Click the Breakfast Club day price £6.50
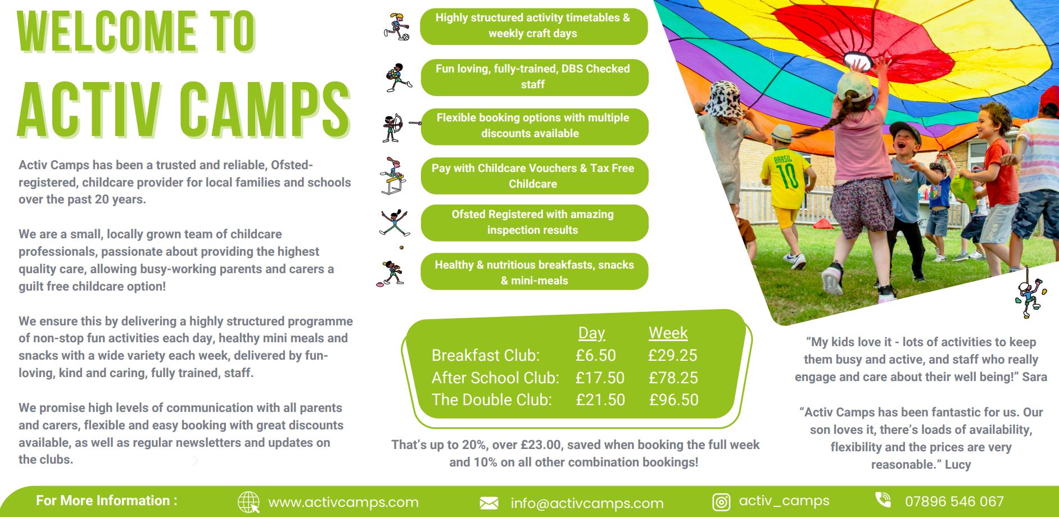[595, 355]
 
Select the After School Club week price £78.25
[673, 378]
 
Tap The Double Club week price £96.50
[673, 400]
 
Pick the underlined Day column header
[591, 333]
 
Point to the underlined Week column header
[668, 333]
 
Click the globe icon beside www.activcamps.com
[248, 502]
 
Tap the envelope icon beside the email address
[489, 503]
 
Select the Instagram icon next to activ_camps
[721, 502]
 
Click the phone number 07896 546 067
[954, 501]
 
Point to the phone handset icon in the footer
[883, 500]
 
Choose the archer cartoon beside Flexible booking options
[397, 128]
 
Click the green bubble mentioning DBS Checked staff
[534, 77]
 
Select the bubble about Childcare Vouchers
[534, 176]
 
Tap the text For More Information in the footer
[107, 501]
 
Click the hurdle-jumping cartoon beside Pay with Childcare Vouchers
[393, 176]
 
